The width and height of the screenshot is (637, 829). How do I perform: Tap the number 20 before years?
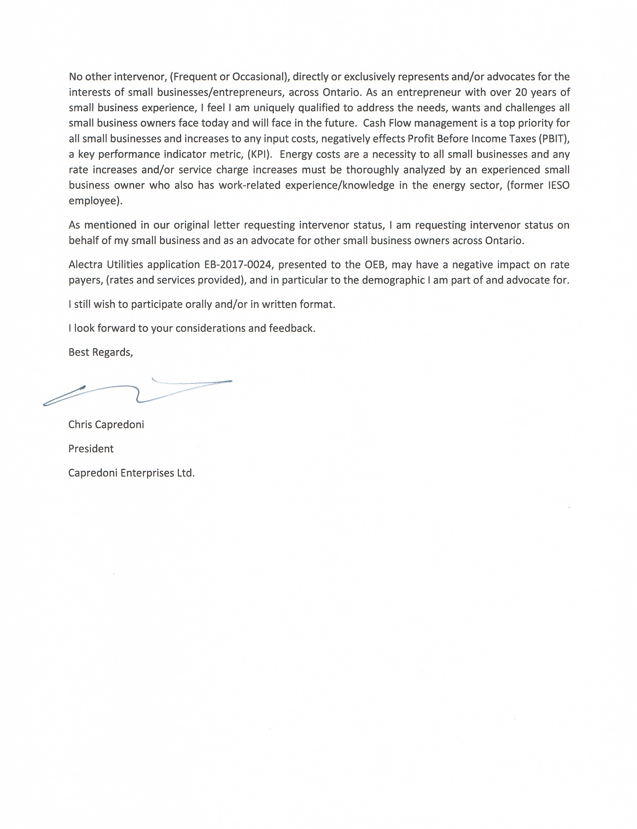click(x=521, y=92)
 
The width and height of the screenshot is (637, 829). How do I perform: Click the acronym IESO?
click(x=559, y=185)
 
